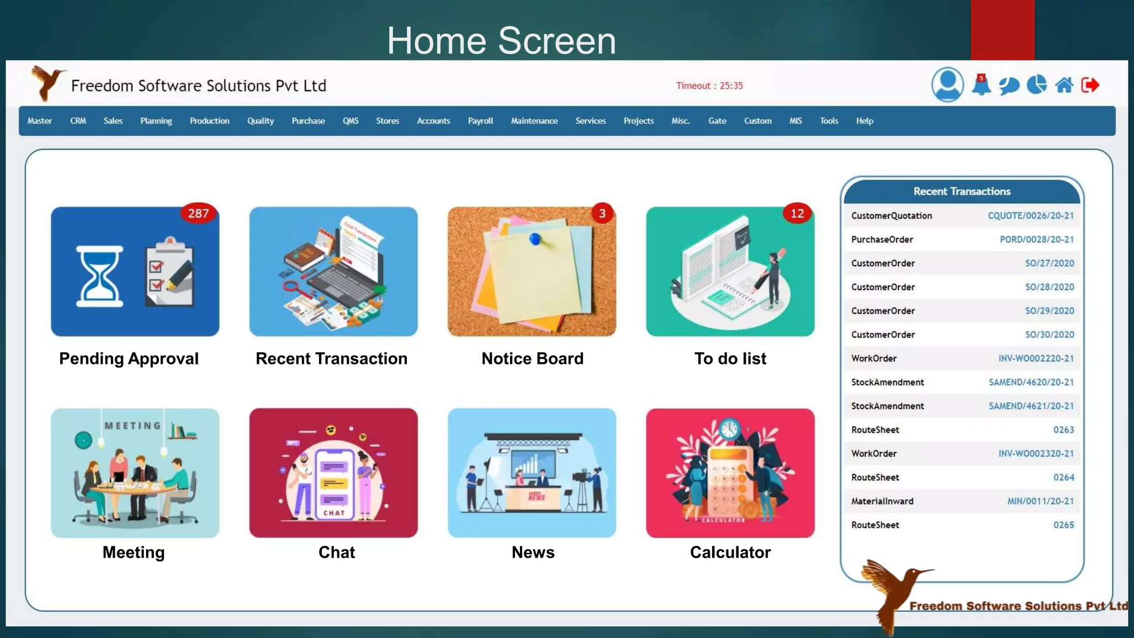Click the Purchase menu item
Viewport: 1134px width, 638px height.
[308, 121]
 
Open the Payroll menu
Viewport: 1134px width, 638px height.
[480, 121]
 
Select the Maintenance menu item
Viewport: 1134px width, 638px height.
[534, 121]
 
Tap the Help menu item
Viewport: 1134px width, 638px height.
[864, 121]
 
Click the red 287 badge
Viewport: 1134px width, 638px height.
[198, 214]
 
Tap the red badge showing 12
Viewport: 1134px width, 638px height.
[797, 214]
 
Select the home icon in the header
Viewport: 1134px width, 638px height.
[1064, 85]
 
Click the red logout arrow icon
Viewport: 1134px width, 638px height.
[1090, 85]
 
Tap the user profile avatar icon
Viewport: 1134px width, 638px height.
[947, 85]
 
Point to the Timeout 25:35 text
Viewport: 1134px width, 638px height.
[709, 86]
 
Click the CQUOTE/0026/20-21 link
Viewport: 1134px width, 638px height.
[1030, 216]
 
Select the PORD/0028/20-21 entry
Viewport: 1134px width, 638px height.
[1037, 240]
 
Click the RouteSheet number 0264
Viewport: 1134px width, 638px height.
[1063, 477]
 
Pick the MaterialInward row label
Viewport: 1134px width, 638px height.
[882, 501]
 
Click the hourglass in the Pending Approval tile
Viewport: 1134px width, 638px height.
[100, 276]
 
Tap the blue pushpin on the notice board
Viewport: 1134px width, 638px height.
[535, 239]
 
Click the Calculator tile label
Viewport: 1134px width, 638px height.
[730, 552]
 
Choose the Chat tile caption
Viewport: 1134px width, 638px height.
[337, 552]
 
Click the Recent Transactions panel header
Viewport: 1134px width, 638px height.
[962, 192]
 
